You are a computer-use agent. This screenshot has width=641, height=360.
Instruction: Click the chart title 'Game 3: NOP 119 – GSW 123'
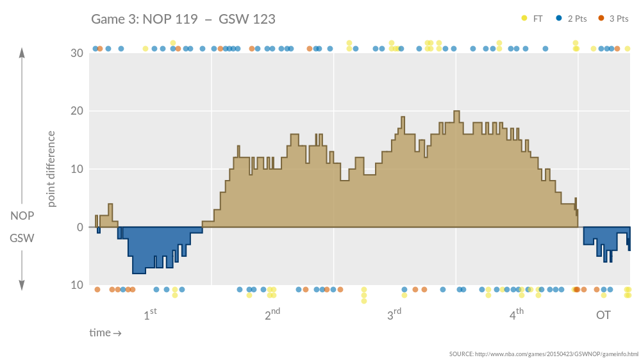[x=183, y=19]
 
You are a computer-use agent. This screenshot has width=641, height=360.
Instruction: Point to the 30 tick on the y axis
[x=76, y=53]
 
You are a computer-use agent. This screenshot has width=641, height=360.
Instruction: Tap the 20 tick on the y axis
[x=76, y=111]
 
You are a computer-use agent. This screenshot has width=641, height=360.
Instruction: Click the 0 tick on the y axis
[x=79, y=227]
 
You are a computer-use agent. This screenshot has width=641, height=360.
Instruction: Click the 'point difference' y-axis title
[x=52, y=169]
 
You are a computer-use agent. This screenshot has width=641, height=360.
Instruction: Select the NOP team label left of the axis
[x=22, y=216]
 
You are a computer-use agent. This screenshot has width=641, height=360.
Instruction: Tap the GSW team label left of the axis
[x=22, y=238]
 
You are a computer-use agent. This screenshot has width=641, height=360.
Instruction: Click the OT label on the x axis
[x=603, y=315]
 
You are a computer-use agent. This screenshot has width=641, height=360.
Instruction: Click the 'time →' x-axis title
[x=105, y=333]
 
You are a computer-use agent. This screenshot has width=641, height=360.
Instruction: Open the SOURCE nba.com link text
[x=544, y=354]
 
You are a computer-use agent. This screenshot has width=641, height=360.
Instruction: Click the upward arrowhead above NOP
[x=22, y=53]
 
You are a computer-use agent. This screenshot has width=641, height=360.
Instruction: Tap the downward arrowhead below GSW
[x=22, y=285]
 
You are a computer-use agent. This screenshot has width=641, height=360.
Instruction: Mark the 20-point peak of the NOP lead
[x=456, y=111]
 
